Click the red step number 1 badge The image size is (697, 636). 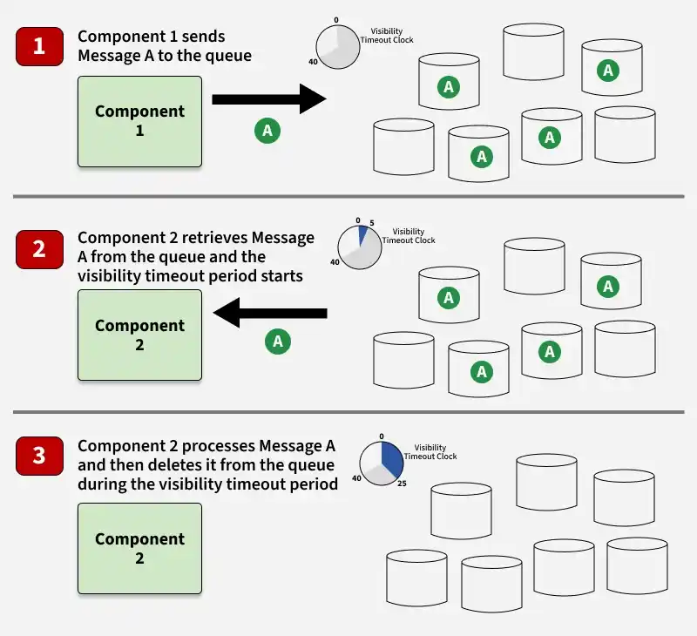[39, 47]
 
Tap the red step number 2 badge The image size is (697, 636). [39, 249]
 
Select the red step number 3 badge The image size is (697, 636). [39, 456]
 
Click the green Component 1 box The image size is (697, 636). [139, 121]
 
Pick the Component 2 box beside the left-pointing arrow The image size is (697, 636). [139, 335]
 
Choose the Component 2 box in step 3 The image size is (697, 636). [139, 549]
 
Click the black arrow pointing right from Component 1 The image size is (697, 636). [269, 99]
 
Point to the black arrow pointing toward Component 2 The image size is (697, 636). [270, 313]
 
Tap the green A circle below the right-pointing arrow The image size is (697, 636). [267, 131]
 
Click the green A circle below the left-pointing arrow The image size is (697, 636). [278, 342]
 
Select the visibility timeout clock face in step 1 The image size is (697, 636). [338, 47]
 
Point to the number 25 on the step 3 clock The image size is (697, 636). [402, 484]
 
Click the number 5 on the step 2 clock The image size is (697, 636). [372, 223]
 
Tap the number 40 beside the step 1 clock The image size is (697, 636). [313, 62]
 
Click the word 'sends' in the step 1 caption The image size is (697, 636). [203, 37]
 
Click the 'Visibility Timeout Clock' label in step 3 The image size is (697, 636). [430, 452]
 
